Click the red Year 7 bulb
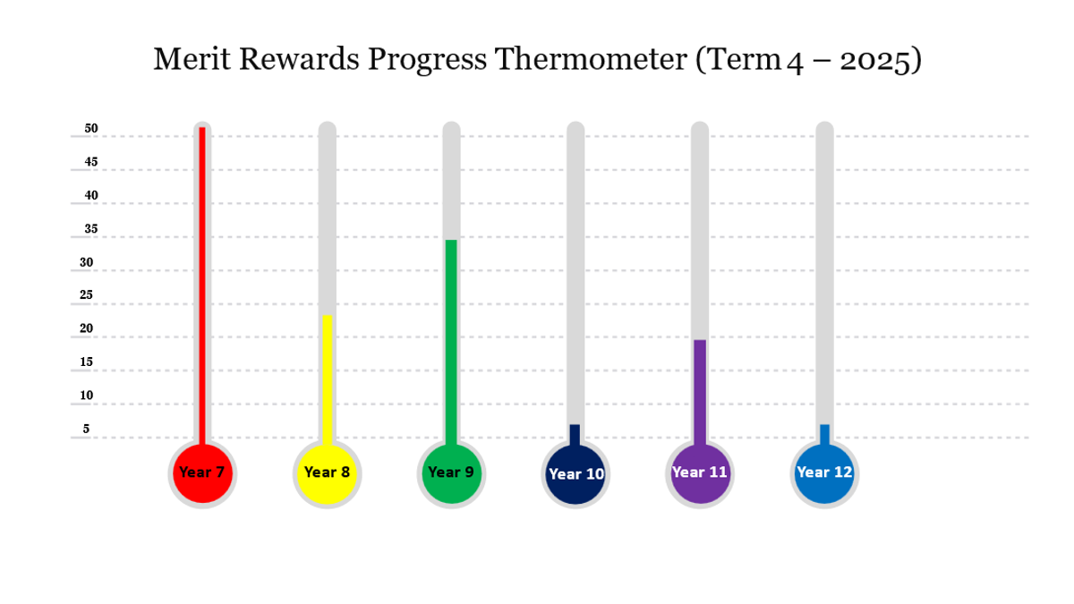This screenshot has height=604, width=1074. [x=202, y=473]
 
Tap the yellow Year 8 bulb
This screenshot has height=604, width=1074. [x=327, y=473]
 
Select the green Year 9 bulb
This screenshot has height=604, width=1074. [x=451, y=473]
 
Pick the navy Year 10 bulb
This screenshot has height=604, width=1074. [x=575, y=473]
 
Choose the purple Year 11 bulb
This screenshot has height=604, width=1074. [x=700, y=473]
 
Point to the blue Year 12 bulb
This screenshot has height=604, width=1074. [x=824, y=473]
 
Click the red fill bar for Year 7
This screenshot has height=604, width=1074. [x=202, y=286]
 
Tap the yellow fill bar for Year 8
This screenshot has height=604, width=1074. [x=327, y=380]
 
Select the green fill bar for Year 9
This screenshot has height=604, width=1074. [x=451, y=343]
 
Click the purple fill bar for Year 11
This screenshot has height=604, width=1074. [x=700, y=393]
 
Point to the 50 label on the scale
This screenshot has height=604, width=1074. [x=91, y=129]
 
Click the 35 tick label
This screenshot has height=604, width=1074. [x=91, y=229]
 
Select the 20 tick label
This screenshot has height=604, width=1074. [x=86, y=328]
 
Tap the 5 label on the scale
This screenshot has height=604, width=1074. [x=86, y=429]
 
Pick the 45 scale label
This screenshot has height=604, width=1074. [x=91, y=162]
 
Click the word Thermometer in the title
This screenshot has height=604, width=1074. [x=592, y=59]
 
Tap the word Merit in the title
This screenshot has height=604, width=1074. [x=192, y=59]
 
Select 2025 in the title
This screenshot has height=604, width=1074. [x=876, y=61]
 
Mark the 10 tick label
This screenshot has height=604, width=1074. [x=86, y=396]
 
